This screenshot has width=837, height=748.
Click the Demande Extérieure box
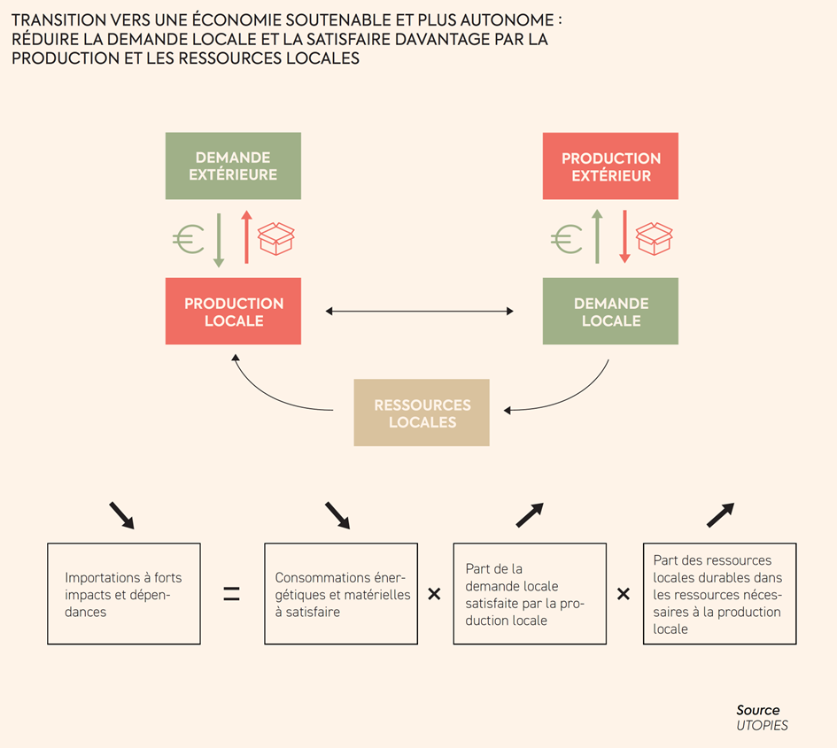click(x=233, y=166)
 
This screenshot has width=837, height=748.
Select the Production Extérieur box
click(x=610, y=166)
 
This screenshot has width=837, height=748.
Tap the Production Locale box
click(x=233, y=311)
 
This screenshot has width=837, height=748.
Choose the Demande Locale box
click(x=610, y=311)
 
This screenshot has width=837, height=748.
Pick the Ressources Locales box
click(x=422, y=413)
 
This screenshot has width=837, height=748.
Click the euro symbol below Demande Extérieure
click(x=188, y=238)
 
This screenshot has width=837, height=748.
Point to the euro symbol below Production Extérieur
click(x=566, y=238)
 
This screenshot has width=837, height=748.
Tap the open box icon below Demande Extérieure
click(x=275, y=238)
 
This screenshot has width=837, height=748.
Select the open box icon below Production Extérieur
click(x=654, y=238)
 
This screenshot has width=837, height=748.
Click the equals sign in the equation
click(x=231, y=594)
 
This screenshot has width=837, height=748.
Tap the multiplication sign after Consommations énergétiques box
click(x=434, y=594)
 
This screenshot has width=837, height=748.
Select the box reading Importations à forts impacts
click(x=123, y=594)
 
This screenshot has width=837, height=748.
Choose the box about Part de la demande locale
click(x=530, y=594)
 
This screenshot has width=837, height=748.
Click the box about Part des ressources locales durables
click(x=719, y=594)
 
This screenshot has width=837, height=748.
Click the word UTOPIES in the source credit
click(x=762, y=725)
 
